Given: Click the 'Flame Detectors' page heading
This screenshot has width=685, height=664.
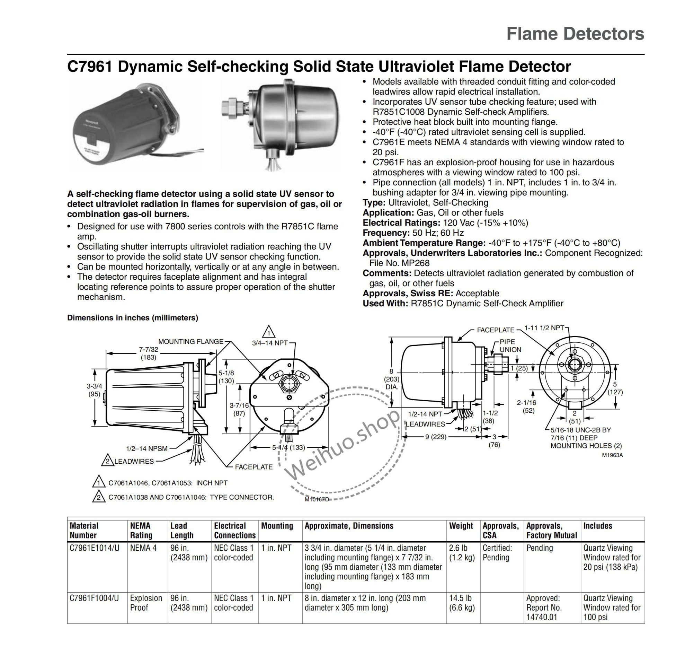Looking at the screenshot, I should [575, 34].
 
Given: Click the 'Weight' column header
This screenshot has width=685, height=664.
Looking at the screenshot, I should [461, 526].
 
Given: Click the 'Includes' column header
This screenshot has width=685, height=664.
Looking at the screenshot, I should [598, 526].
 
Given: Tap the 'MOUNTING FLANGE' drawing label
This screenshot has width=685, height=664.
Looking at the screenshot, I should [191, 342].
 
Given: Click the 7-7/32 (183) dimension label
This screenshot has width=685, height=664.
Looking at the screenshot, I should [149, 353].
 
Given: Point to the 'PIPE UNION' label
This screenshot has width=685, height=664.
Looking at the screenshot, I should [510, 346].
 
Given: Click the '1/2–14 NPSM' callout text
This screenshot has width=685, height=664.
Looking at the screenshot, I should [147, 448].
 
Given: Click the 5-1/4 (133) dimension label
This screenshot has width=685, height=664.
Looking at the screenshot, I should [289, 447].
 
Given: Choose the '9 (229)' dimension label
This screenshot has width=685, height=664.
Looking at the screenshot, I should [436, 437].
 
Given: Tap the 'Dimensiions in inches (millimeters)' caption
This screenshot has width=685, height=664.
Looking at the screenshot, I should [132, 318].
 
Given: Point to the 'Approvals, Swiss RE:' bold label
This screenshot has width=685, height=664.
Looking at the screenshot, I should [408, 294].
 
